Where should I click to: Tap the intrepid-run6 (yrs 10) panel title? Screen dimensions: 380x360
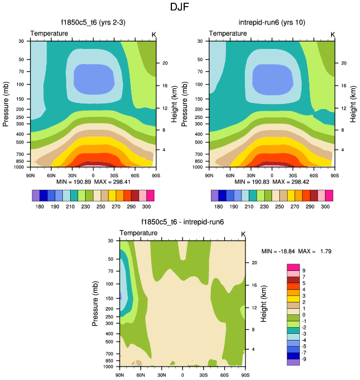(x=270, y=23)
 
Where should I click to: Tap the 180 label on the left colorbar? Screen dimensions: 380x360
(x=40, y=206)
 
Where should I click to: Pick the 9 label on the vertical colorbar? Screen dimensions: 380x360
(x=303, y=271)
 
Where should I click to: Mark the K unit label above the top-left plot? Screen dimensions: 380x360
(x=154, y=34)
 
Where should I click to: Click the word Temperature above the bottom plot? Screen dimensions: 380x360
(x=139, y=233)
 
